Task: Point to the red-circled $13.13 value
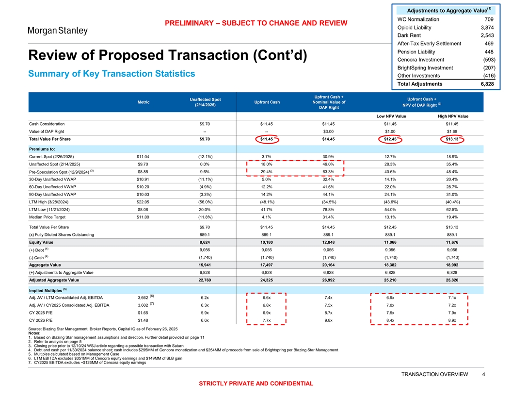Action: [455, 140]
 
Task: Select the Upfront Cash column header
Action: [267, 102]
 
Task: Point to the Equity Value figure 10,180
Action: [267, 242]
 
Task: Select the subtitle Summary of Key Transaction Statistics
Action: [112, 74]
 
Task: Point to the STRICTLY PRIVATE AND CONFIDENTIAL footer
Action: [256, 384]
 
